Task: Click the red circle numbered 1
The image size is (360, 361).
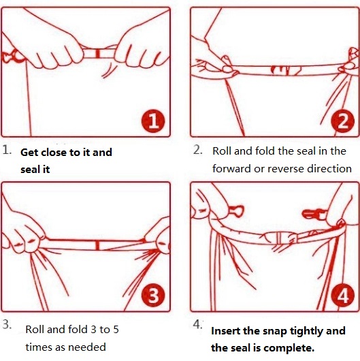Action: pyautogui.click(x=153, y=122)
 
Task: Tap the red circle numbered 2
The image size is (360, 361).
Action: pyautogui.click(x=343, y=121)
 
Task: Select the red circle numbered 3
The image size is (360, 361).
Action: pyautogui.click(x=153, y=296)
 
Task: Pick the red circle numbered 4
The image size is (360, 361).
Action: pyautogui.click(x=343, y=296)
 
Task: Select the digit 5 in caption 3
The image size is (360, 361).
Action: pyautogui.click(x=116, y=330)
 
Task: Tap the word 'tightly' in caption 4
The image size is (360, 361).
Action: pyautogui.click(x=306, y=332)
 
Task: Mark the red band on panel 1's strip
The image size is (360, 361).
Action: pyautogui.click(x=98, y=53)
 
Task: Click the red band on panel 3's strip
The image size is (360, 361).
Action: pyautogui.click(x=97, y=245)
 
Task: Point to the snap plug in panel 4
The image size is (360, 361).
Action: pyautogui.click(x=314, y=215)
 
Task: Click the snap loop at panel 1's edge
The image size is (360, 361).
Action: pyautogui.click(x=14, y=56)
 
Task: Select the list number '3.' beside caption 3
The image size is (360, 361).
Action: pyautogui.click(x=7, y=325)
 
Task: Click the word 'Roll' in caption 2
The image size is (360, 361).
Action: pyautogui.click(x=222, y=151)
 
